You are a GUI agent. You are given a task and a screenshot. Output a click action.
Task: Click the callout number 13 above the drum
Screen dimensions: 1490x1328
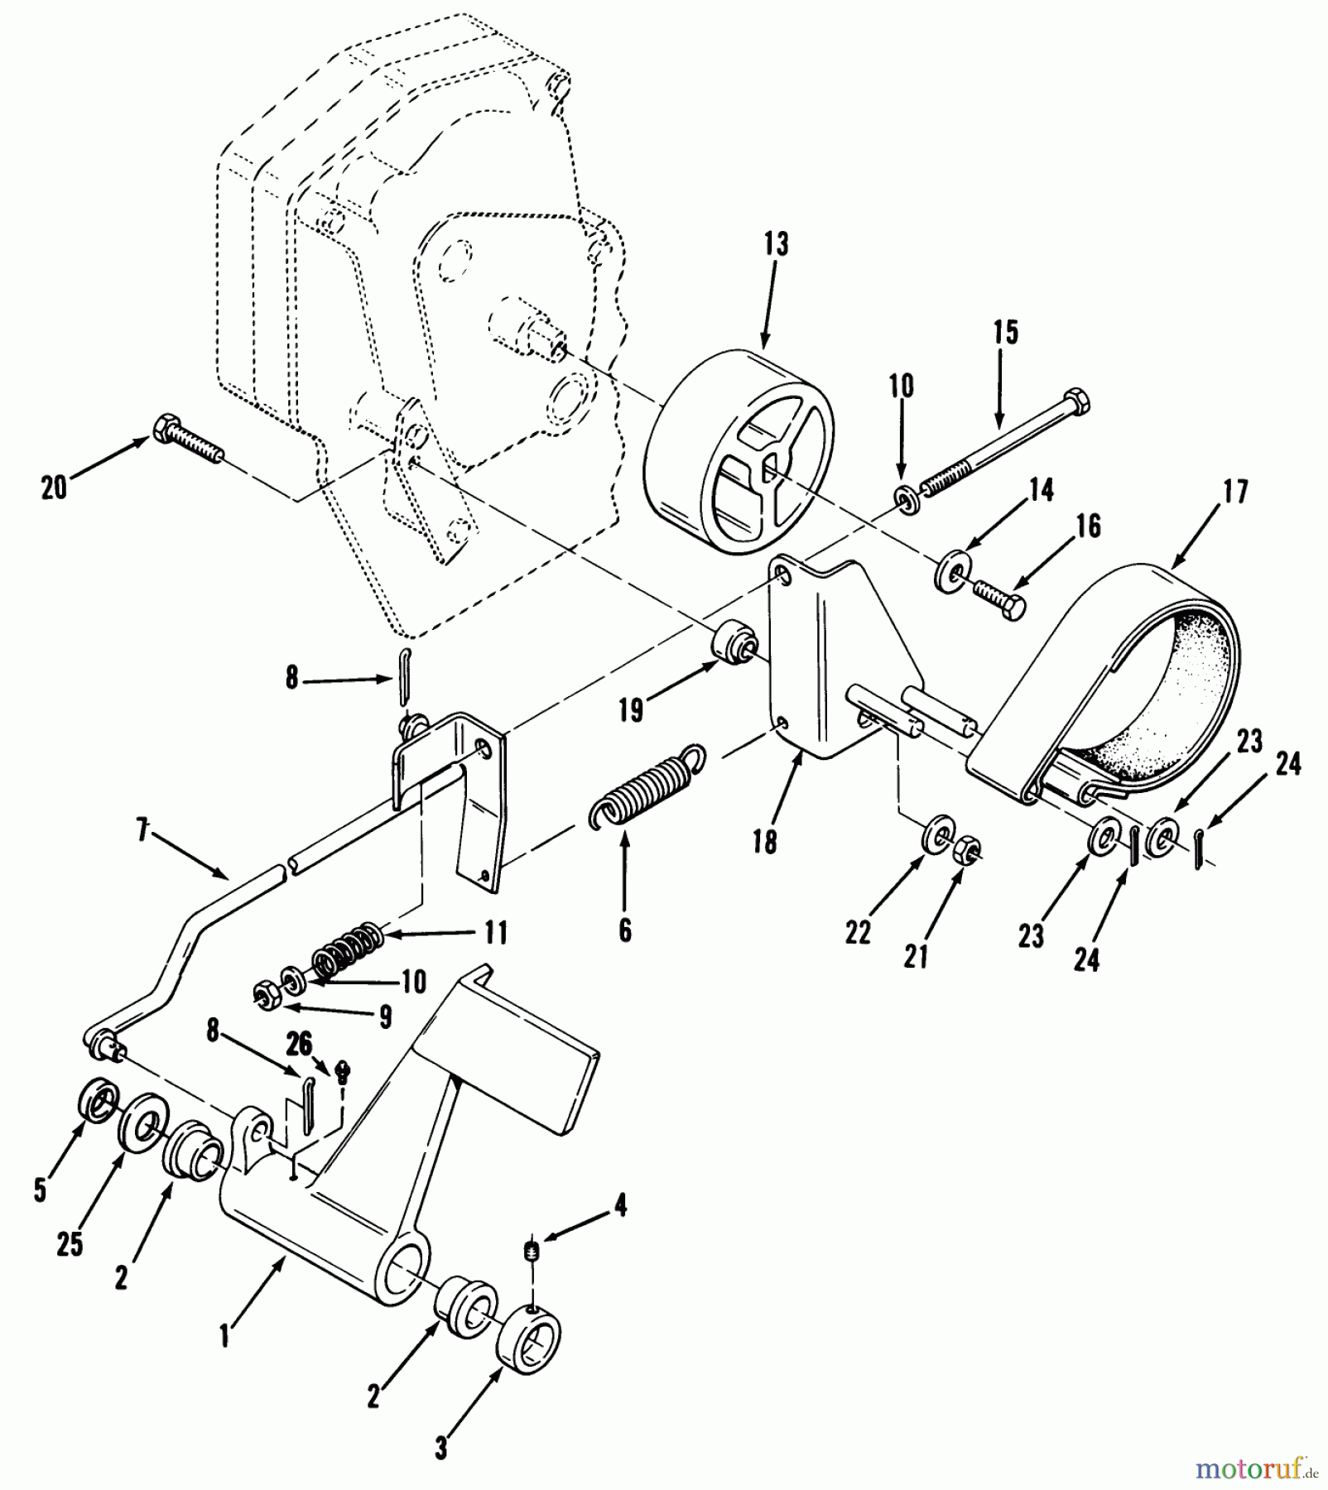[x=776, y=245]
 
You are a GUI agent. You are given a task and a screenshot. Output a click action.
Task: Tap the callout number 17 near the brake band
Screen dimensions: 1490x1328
[x=1234, y=493]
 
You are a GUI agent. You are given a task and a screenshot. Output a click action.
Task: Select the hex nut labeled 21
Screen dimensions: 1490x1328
[x=966, y=850]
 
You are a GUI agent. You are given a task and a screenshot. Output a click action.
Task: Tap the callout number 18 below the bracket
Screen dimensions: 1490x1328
[x=764, y=842]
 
